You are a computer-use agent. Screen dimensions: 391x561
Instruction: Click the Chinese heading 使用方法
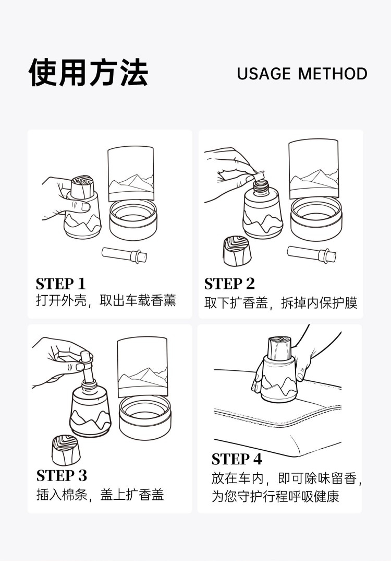tap(88, 72)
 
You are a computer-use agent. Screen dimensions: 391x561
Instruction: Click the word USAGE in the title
tap(264, 74)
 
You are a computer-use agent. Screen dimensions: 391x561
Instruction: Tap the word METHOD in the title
tap(333, 74)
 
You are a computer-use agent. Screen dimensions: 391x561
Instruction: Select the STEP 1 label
tap(60, 284)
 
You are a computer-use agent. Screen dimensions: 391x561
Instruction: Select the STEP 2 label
tap(229, 284)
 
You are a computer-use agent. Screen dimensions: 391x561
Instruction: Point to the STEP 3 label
tap(62, 475)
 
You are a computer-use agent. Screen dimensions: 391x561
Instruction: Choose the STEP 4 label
tap(237, 459)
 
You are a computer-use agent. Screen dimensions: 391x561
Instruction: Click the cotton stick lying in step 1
tap(124, 255)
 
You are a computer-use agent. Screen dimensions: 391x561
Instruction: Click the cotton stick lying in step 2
tap(312, 254)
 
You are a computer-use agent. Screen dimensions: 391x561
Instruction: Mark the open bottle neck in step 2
tap(261, 188)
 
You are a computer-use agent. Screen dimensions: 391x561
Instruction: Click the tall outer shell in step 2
tap(313, 169)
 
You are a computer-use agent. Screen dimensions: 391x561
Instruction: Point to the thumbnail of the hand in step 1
tap(85, 206)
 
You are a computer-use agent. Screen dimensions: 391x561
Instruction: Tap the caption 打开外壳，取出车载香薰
tap(106, 300)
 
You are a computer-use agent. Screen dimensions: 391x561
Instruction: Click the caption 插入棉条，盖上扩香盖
tap(100, 495)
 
